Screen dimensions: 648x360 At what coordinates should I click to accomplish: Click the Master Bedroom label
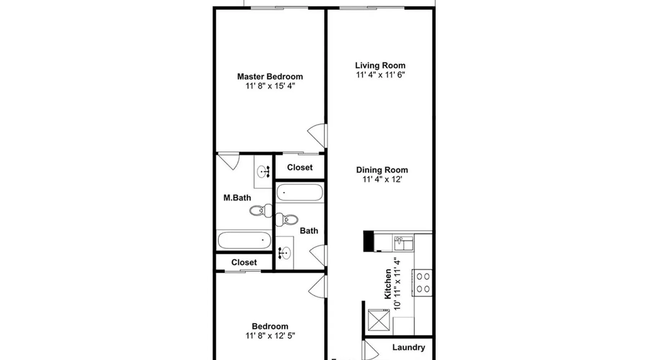pyautogui.click(x=270, y=77)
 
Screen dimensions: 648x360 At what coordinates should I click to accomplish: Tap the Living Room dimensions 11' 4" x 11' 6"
pyautogui.click(x=381, y=75)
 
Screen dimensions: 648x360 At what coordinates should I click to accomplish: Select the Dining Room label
pyautogui.click(x=382, y=170)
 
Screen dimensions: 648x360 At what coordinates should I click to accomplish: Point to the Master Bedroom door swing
pyautogui.click(x=317, y=135)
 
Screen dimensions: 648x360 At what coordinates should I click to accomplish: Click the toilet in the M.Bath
pyautogui.click(x=261, y=211)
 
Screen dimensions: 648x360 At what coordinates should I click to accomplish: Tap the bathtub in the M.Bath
pyautogui.click(x=244, y=240)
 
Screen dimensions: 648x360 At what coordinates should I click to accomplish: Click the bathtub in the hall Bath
pyautogui.click(x=300, y=193)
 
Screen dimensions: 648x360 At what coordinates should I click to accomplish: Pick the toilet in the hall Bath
pyautogui.click(x=287, y=219)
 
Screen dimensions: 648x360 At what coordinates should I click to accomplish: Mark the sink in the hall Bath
pyautogui.click(x=285, y=253)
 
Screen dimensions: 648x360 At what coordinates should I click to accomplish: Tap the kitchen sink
pyautogui.click(x=404, y=243)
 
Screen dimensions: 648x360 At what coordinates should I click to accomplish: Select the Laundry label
pyautogui.click(x=409, y=347)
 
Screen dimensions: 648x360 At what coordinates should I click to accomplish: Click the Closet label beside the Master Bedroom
pyautogui.click(x=300, y=167)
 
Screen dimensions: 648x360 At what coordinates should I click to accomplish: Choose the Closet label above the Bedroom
pyautogui.click(x=244, y=262)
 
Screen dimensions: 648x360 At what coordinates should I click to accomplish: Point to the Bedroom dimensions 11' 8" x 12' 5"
pyautogui.click(x=270, y=336)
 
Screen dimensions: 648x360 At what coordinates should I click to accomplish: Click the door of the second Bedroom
pyautogui.click(x=318, y=286)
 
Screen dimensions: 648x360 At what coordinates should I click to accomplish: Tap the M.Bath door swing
pyautogui.click(x=229, y=161)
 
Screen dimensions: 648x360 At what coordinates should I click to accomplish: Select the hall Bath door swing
pyautogui.click(x=318, y=256)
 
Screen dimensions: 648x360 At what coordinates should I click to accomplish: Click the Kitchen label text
pyautogui.click(x=388, y=284)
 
